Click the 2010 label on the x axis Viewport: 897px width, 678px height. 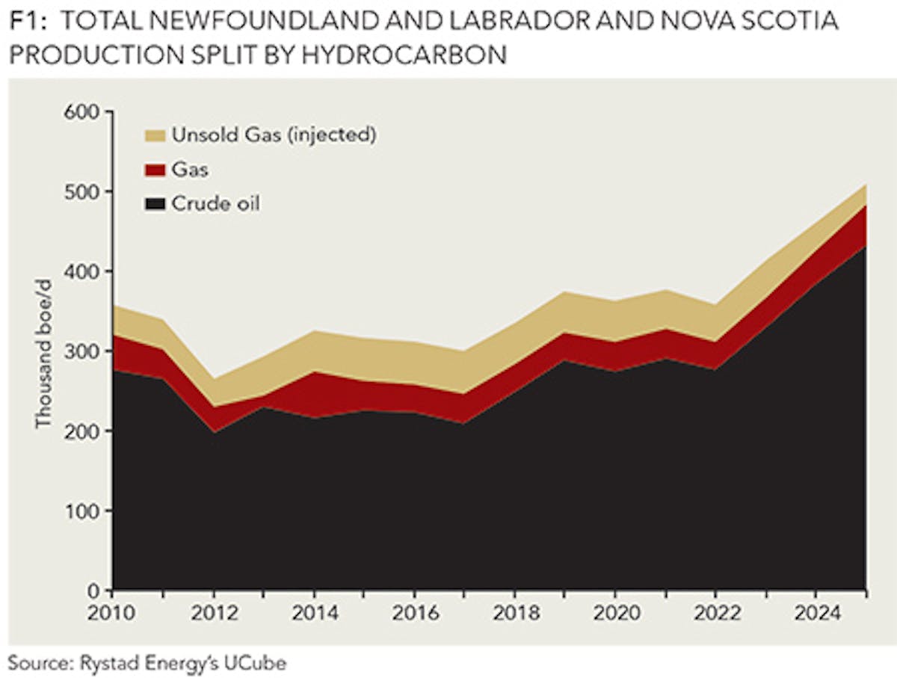click(112, 614)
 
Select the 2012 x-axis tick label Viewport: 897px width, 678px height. click(213, 614)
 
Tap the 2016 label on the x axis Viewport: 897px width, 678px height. click(414, 614)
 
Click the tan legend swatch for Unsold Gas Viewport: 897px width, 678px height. click(153, 136)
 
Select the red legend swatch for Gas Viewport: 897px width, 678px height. click(153, 170)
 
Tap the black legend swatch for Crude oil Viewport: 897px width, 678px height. click(153, 204)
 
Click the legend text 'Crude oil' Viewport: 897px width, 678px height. click(216, 204)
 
